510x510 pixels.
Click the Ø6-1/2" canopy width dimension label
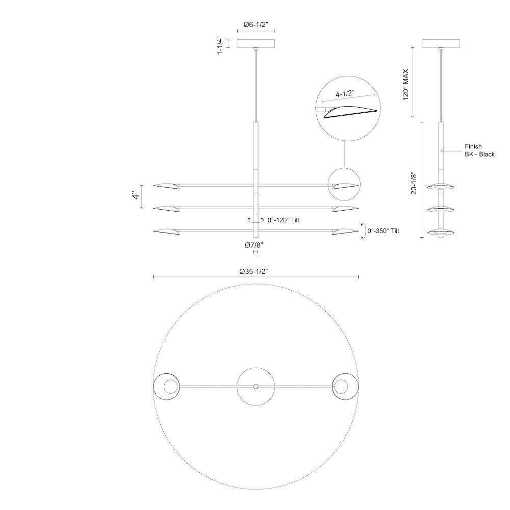(x=256, y=24)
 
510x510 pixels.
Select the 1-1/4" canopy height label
(x=220, y=46)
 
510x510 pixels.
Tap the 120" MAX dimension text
(x=405, y=85)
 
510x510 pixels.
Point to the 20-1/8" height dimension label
(x=414, y=183)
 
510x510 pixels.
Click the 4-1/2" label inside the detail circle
(x=344, y=94)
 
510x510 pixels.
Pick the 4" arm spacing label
(x=136, y=196)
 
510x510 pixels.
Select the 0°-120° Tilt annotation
(x=283, y=220)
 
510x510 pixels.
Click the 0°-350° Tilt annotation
(x=383, y=231)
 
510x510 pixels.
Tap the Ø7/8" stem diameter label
(x=253, y=245)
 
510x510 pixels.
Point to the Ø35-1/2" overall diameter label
(x=253, y=271)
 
